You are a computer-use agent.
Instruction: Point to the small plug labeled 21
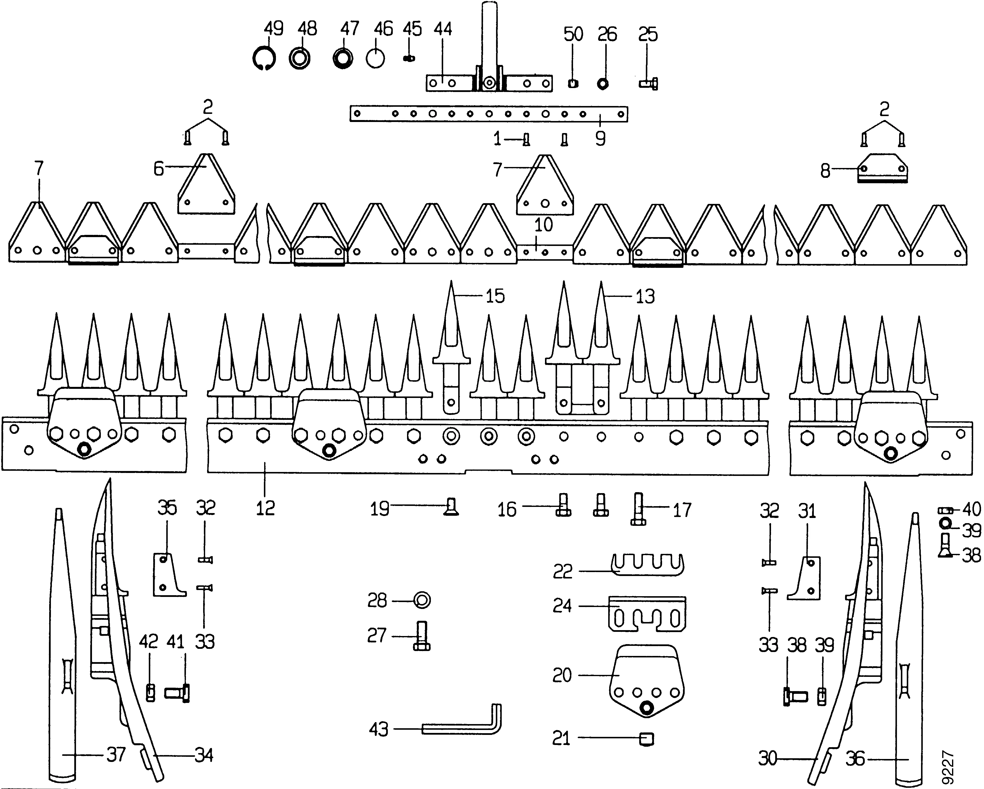tap(647, 739)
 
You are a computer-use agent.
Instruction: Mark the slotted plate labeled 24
tap(647, 614)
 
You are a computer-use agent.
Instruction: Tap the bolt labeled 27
tap(421, 636)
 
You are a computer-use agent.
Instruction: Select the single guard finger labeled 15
tap(451, 347)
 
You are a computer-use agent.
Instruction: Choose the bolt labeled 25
tap(649, 84)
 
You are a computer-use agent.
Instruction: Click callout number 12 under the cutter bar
tap(265, 508)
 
